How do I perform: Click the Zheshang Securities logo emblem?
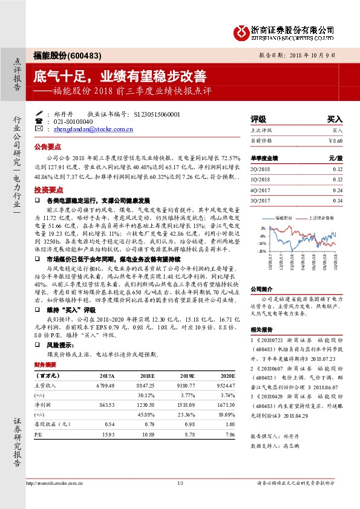pos(241,31)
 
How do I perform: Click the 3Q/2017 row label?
pos(262,200)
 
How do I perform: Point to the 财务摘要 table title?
pos(47,366)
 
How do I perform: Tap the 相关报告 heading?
pos(262,330)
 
